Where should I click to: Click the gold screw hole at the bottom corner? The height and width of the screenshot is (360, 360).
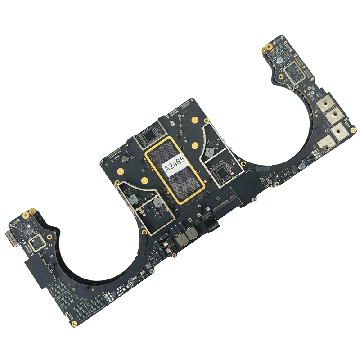coord(73,323)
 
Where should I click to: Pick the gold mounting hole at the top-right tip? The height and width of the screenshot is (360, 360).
coord(269,46)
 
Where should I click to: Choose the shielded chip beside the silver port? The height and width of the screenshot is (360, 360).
coord(36,244)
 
